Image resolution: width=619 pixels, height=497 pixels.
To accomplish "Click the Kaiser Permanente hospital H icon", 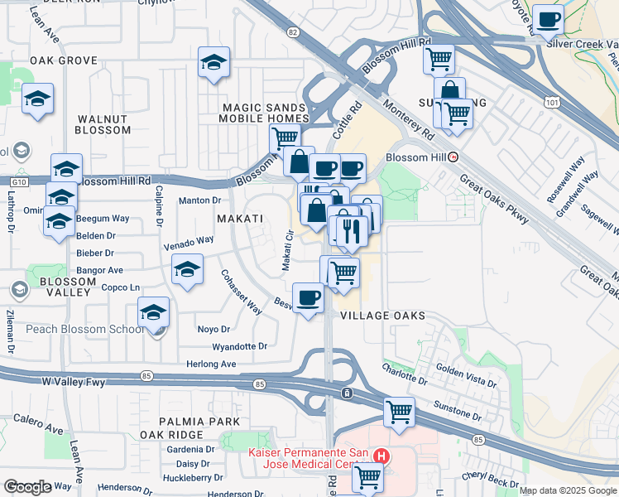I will point(381,456).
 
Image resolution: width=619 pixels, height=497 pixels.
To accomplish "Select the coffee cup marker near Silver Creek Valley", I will point(547,18).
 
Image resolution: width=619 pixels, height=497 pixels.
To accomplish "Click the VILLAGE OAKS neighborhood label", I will point(382,316).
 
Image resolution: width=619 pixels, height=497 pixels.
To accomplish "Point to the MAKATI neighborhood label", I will point(239,219).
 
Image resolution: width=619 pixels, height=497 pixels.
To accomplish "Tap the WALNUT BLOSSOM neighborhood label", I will point(103,124).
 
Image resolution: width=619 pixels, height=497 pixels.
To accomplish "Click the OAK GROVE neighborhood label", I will point(64,61).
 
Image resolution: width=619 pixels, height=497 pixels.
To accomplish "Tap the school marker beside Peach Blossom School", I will point(153,313).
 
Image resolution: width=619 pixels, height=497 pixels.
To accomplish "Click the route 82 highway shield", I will point(293,31).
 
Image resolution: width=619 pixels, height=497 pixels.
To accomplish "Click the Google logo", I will point(27,487).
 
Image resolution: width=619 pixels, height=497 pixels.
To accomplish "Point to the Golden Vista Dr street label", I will point(466,378).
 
